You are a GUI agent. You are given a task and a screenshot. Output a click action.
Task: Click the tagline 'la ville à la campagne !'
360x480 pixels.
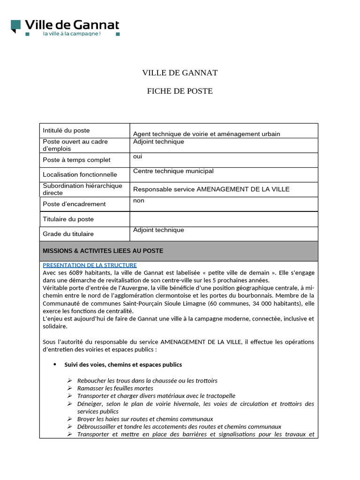pos(72,34)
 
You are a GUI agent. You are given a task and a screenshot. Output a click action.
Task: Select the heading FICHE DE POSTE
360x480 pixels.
pos(180,91)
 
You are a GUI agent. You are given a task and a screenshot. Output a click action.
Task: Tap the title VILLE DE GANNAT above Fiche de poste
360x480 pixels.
pos(180,73)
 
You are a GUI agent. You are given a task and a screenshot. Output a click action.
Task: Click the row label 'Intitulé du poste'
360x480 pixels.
pos(66,130)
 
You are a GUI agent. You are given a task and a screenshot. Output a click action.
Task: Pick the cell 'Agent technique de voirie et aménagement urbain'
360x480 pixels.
pos(206,134)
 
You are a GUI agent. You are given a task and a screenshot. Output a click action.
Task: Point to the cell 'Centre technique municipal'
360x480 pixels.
pos(173,171)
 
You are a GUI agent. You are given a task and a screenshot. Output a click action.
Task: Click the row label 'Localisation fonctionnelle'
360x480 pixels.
pos(80,174)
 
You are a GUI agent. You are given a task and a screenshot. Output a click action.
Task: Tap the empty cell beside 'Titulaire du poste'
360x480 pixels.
pos(224,219)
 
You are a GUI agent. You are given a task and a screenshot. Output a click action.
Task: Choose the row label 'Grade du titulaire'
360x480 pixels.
pos(68,233)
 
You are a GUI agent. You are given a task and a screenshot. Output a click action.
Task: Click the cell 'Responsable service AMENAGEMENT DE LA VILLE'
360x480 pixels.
pos(211,189)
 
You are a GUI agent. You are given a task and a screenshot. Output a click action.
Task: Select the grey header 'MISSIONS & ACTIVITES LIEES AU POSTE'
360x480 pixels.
pos(103,251)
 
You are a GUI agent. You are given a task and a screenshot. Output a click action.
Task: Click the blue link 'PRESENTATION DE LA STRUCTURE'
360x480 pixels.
pos(90,265)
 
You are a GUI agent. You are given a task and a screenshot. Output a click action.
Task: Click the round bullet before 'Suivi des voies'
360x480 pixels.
pos(55,364)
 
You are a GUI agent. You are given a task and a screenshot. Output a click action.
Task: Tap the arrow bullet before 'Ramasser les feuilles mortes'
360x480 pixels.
pos(69,388)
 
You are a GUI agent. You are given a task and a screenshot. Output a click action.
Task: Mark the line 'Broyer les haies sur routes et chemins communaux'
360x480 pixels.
pos(145,419)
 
